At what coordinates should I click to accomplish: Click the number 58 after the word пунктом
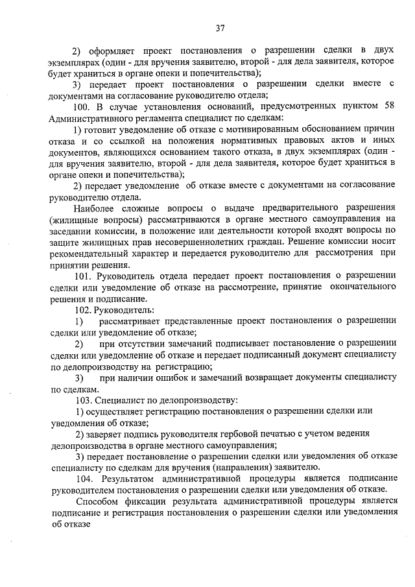(x=388, y=106)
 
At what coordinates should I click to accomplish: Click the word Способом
(x=97, y=501)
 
